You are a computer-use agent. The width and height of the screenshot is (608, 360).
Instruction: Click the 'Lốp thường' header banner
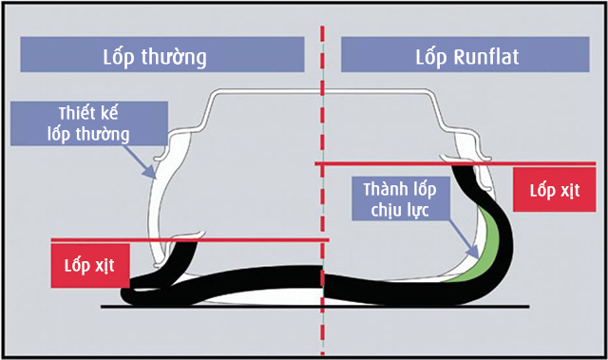[x=167, y=55]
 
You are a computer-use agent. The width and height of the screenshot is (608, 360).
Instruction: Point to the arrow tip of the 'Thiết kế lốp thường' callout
[x=154, y=177]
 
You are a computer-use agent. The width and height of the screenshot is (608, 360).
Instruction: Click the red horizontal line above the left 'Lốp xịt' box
[x=190, y=239]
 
